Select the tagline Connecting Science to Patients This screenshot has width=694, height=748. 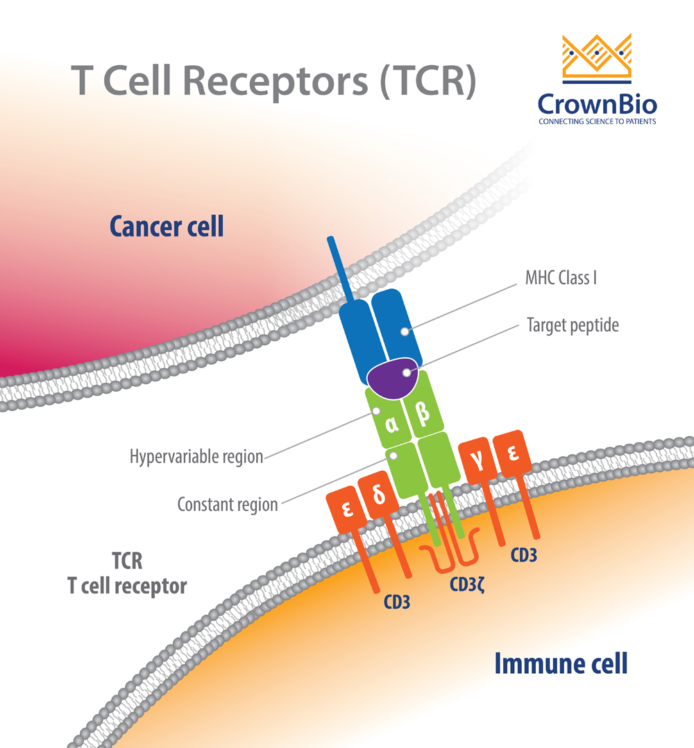click(598, 121)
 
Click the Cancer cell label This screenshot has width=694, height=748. click(167, 226)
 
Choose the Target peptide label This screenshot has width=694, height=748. click(573, 324)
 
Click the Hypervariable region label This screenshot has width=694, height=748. click(196, 457)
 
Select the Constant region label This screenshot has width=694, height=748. click(227, 504)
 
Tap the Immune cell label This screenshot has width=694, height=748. click(561, 663)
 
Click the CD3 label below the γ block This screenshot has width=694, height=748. click(523, 555)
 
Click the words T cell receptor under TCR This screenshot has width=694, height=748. click(127, 586)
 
